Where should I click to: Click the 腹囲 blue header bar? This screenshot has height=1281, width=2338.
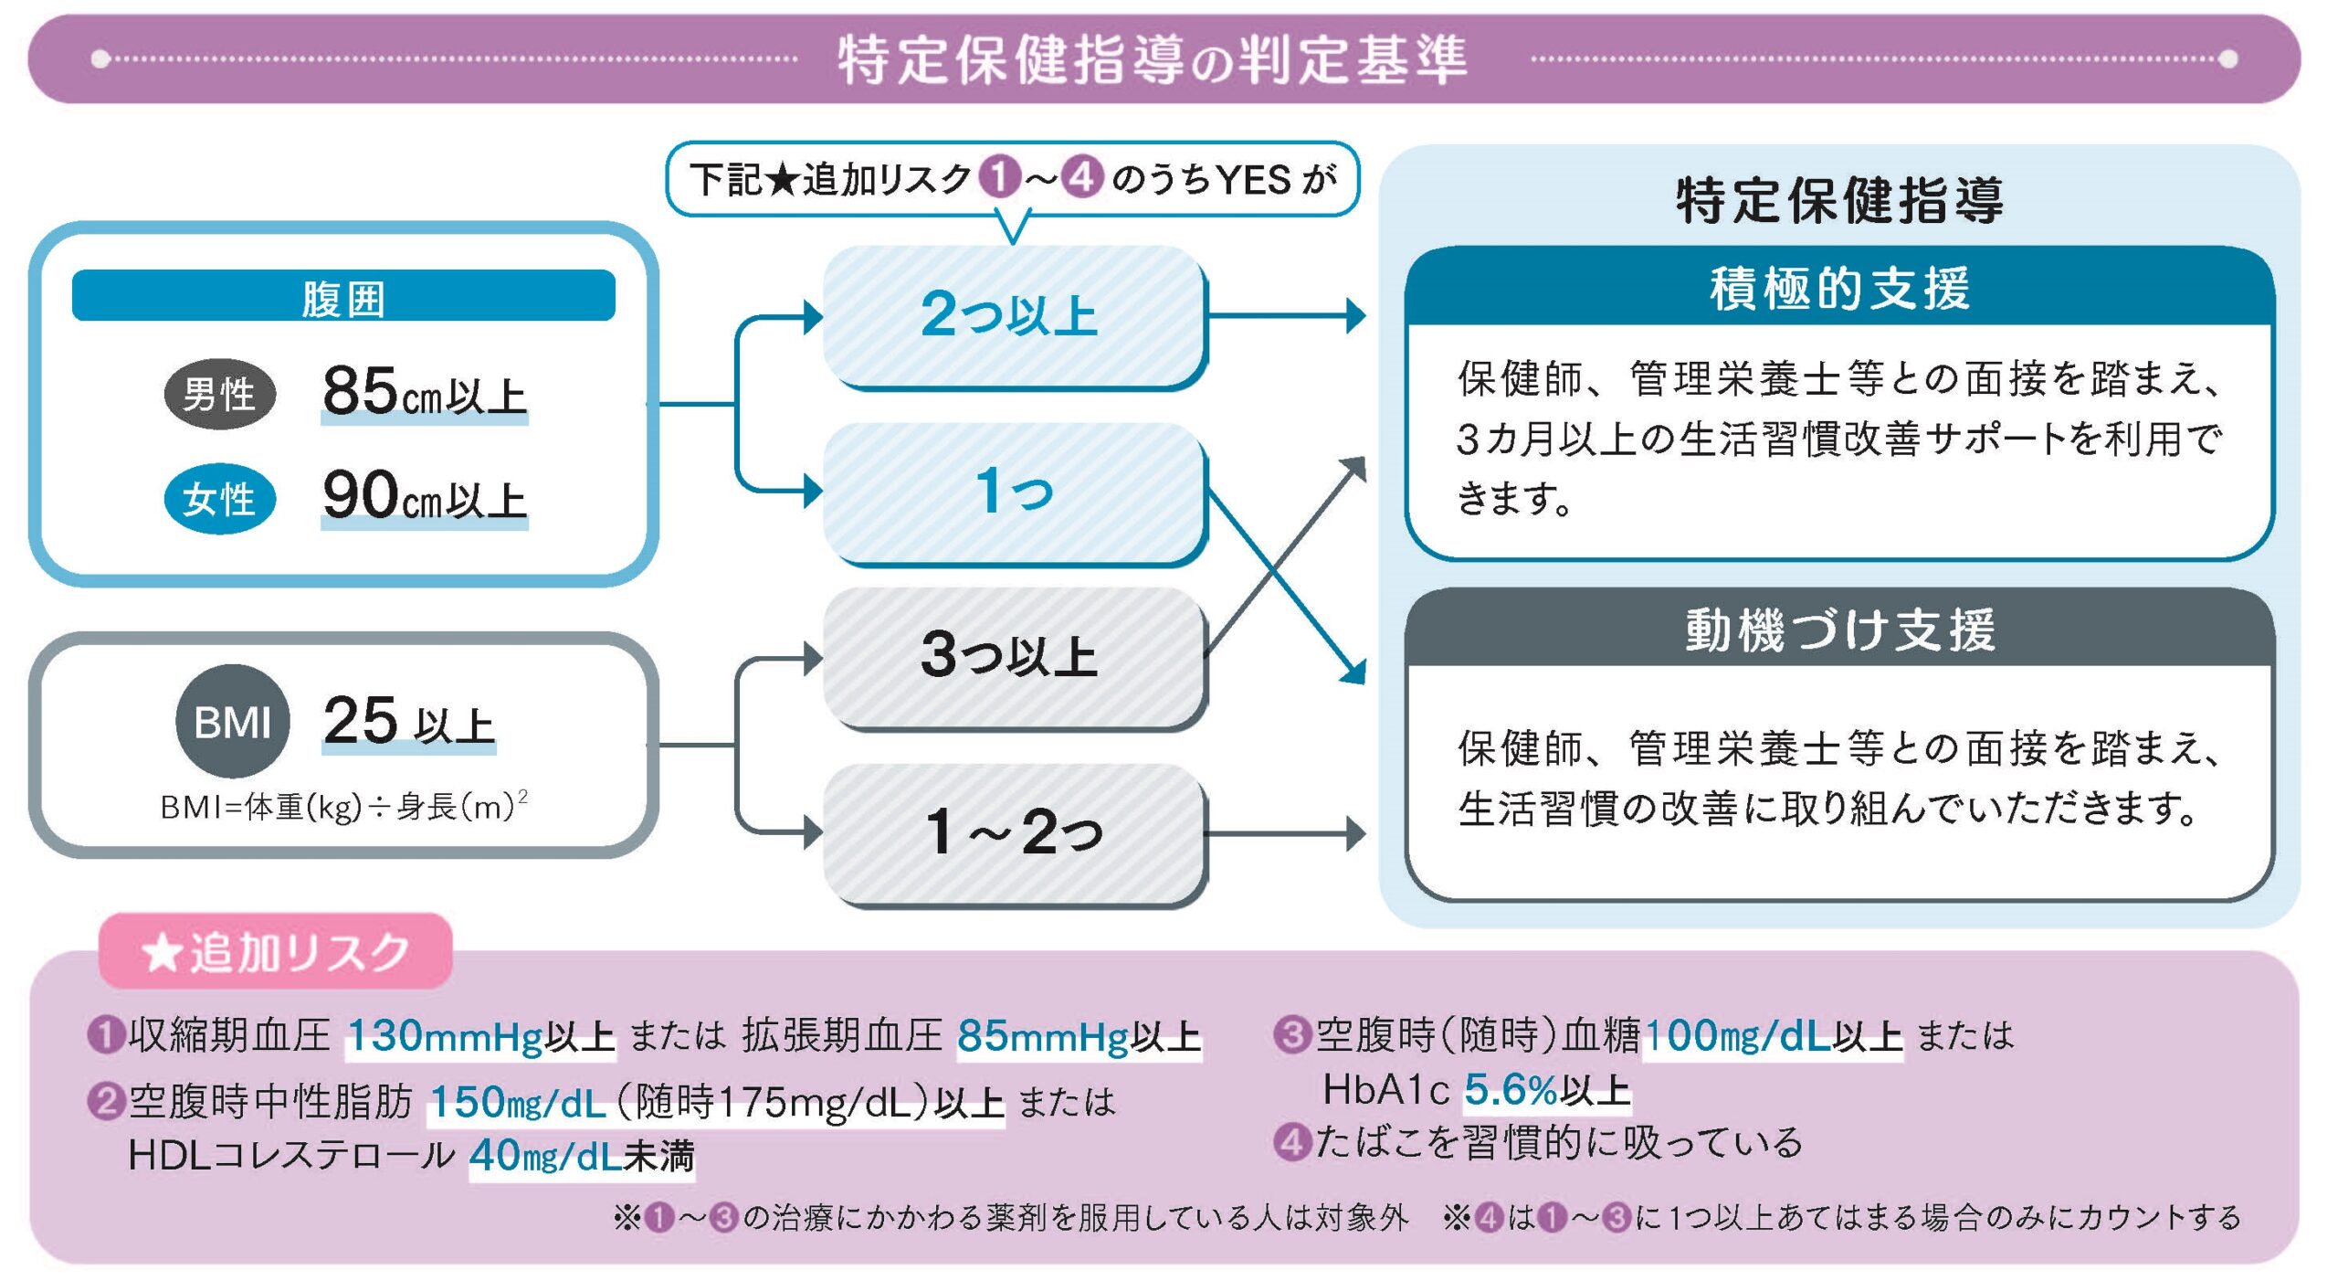[343, 296]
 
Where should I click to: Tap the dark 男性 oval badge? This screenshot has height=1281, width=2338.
[219, 395]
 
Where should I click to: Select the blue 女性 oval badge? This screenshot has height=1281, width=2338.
[219, 499]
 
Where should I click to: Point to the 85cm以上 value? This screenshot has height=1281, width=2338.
[425, 393]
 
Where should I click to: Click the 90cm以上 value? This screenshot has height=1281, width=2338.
[425, 496]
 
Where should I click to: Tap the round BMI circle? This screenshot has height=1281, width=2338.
[232, 722]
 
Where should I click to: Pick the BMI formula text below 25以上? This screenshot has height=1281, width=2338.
[343, 807]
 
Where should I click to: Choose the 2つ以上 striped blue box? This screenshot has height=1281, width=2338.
[1014, 315]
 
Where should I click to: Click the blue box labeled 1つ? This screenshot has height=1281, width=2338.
[1014, 492]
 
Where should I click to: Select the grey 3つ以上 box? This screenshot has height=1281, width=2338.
[1014, 656]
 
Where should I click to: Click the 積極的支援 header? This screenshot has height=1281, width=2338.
[1839, 289]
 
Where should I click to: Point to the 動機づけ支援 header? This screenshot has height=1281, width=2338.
[1839, 630]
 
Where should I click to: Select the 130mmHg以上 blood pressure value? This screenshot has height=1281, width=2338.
[481, 1036]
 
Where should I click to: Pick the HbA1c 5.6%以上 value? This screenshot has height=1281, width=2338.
[1547, 1089]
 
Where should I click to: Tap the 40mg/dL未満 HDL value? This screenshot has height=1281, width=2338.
[582, 1157]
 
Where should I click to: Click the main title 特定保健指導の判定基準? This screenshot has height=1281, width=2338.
[1153, 60]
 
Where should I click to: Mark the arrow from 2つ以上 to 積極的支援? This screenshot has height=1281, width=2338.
[1288, 316]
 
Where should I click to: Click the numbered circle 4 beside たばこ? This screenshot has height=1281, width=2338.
[1292, 1142]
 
